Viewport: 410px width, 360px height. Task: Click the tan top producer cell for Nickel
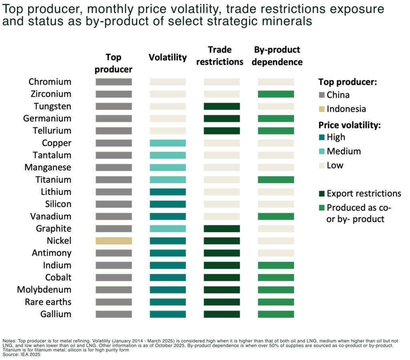coord(114,241)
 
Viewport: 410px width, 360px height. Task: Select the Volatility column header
coord(168,57)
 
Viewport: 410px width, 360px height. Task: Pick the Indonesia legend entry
coord(346,109)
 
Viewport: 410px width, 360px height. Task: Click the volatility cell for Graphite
coord(168,228)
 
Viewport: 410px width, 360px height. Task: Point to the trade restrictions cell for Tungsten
coord(222,106)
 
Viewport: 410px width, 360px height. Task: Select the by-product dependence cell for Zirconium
coord(276,94)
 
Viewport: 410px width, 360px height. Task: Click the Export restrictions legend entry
coord(364,194)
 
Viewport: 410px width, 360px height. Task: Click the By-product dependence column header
coord(277,56)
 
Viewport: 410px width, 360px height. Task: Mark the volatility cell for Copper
coord(168,143)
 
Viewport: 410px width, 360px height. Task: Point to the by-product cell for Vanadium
coord(276,216)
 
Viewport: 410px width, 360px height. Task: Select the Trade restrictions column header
coord(220,56)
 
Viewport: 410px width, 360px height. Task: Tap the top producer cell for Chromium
coord(114,82)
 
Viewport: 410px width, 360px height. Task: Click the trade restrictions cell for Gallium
coord(222,314)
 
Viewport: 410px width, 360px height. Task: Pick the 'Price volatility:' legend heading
coord(349,125)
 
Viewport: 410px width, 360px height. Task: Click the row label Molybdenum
coord(44,290)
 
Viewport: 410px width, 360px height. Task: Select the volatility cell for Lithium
coord(168,192)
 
